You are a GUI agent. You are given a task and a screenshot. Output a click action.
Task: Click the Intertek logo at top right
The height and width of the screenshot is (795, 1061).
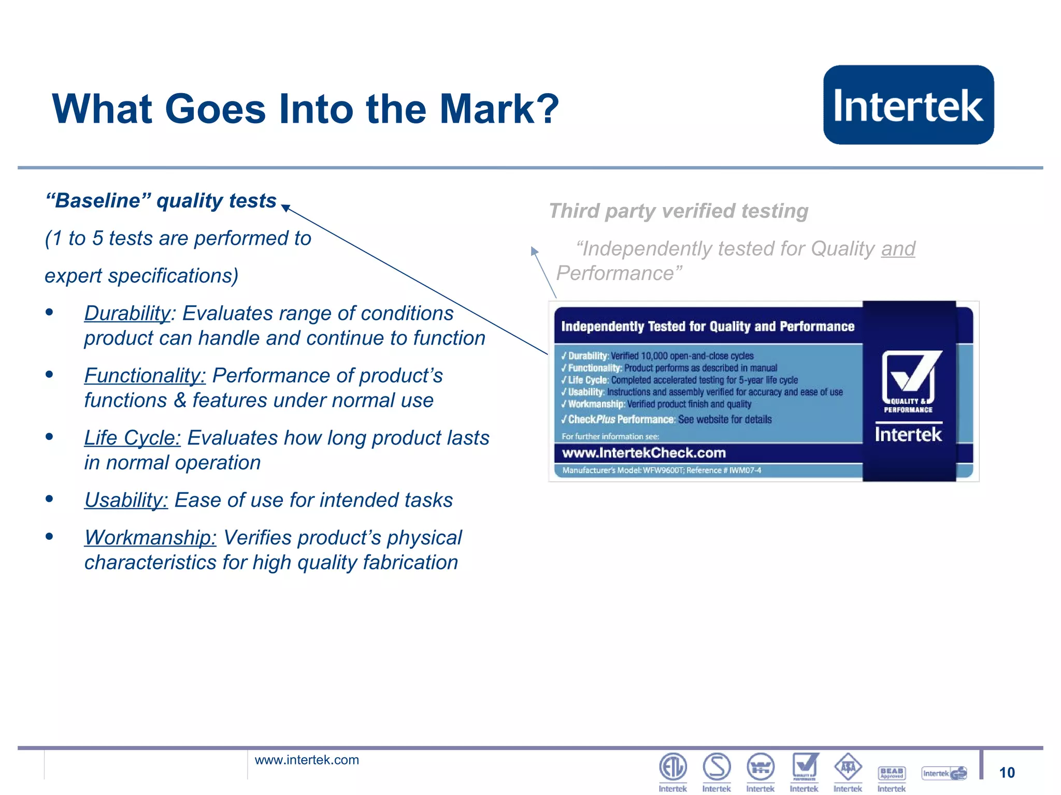tap(908, 105)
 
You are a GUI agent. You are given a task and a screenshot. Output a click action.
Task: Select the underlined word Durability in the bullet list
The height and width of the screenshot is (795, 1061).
tap(127, 314)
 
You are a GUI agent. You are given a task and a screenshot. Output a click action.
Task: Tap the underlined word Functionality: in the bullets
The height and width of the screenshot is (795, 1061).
tap(145, 376)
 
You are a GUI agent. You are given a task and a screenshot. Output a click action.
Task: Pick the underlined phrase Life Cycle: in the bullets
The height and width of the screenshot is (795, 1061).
tap(133, 438)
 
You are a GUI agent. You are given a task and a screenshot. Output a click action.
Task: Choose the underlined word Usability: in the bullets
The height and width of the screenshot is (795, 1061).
tap(126, 500)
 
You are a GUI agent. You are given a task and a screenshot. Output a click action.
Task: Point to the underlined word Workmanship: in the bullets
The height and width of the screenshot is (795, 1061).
tap(150, 538)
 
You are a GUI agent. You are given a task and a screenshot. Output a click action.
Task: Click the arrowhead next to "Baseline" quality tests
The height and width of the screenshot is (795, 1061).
tap(285, 208)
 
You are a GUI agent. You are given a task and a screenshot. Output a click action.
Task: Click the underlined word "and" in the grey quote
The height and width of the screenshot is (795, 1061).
tap(898, 249)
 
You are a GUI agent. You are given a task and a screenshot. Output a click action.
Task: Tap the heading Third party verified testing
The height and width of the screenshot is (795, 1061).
tap(678, 211)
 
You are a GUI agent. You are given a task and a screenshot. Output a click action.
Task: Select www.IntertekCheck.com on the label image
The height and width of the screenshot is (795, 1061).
tap(644, 453)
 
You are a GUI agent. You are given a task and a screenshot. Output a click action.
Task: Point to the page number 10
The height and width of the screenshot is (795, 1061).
tap(1007, 773)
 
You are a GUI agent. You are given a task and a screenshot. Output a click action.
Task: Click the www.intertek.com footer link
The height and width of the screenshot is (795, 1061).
tap(307, 760)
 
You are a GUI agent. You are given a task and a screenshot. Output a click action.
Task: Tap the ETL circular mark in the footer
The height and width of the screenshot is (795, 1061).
tap(672, 767)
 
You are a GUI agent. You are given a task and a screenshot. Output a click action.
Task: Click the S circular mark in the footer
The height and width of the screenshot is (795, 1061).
tap(716, 767)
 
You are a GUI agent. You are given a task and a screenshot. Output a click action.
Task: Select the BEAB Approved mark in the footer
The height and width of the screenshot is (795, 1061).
tap(892, 773)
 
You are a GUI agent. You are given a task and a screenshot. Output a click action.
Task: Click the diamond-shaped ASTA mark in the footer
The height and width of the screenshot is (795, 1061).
tap(848, 767)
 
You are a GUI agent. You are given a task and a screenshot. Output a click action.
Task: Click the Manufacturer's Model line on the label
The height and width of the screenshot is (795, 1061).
tap(662, 470)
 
